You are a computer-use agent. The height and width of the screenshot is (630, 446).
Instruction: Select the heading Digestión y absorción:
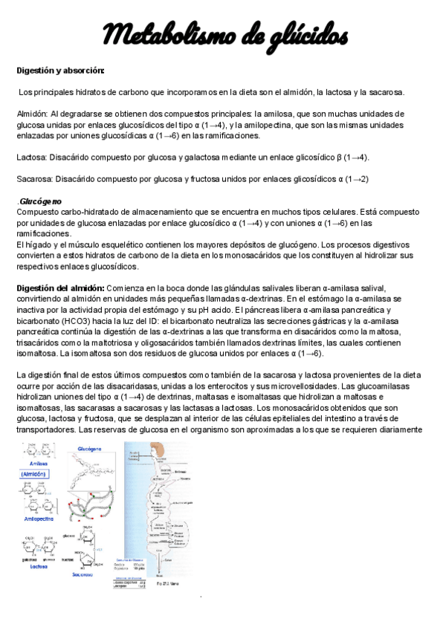pyautogui.click(x=60, y=71)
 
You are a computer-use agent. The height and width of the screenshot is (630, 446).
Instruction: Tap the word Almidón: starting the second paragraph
pyautogui.click(x=33, y=114)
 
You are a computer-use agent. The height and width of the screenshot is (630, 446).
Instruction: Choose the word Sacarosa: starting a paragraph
pyautogui.click(x=35, y=179)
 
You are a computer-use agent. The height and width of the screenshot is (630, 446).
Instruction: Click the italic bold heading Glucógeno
pyautogui.click(x=41, y=201)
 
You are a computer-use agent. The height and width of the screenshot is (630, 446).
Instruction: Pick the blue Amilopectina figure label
pyautogui.click(x=41, y=519)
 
